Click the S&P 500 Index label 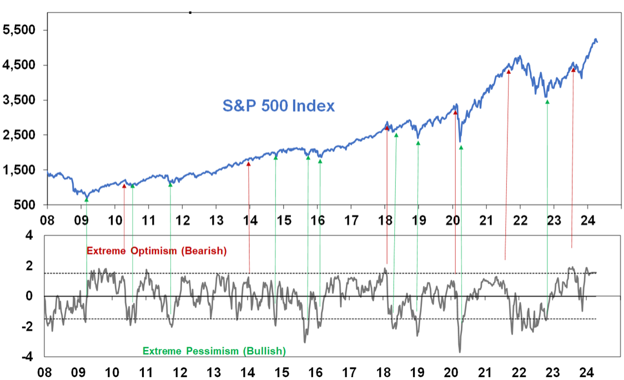(x=279, y=106)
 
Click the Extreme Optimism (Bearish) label (x=157, y=251)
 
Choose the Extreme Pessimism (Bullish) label (x=214, y=351)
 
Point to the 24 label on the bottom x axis (x=586, y=372)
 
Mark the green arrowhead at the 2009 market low (x=87, y=199)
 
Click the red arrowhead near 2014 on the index (x=248, y=164)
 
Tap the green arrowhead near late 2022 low (x=547, y=102)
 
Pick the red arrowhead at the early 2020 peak (x=455, y=112)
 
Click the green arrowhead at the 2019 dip (x=418, y=143)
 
